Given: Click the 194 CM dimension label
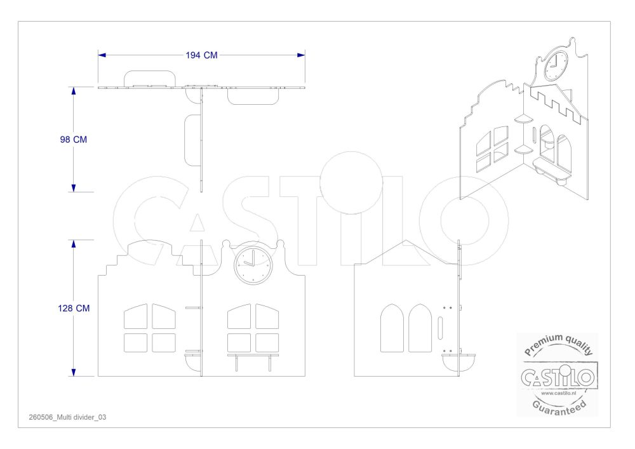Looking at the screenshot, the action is click(201, 55).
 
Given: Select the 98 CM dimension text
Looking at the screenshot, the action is click(73, 139).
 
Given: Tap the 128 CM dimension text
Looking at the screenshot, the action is click(73, 308).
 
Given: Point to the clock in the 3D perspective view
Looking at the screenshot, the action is click(556, 65).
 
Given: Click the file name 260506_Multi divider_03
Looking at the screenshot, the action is click(68, 417).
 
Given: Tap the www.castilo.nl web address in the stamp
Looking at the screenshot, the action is click(558, 392).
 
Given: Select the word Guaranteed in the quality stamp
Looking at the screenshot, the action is click(559, 407).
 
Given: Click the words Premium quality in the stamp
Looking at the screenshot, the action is click(558, 344).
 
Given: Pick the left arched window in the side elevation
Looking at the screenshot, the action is click(392, 328).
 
